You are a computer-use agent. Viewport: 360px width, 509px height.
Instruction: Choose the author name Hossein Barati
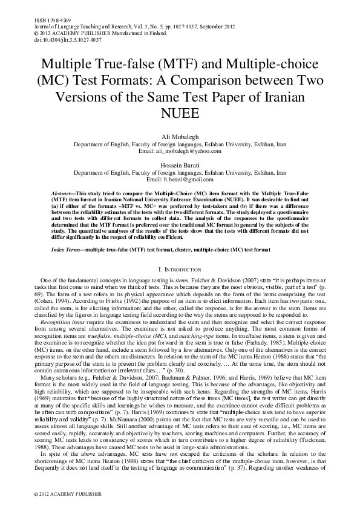pos(180,165)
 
